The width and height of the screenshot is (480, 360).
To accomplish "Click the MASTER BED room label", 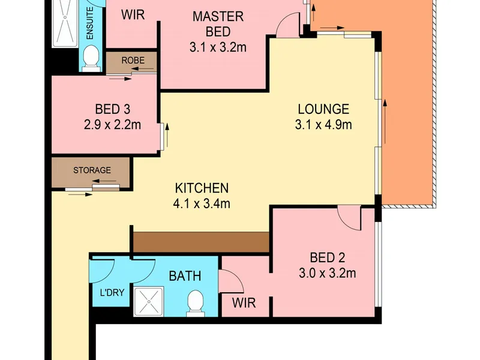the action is pyautogui.click(x=218, y=24).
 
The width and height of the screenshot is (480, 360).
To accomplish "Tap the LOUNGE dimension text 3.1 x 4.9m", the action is pyautogui.click(x=323, y=125).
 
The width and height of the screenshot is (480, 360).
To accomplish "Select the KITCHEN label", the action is pyautogui.click(x=202, y=188).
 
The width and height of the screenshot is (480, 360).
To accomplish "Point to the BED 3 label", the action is pyautogui.click(x=113, y=109).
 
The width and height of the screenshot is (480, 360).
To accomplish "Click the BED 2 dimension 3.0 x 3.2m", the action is pyautogui.click(x=327, y=273).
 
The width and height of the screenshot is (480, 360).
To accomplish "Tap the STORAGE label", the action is pyautogui.click(x=92, y=170).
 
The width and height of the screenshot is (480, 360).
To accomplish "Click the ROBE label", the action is pyautogui.click(x=133, y=61).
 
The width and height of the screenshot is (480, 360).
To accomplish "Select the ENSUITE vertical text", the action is pyautogui.click(x=90, y=23).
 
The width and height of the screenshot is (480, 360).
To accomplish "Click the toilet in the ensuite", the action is pyautogui.click(x=91, y=59).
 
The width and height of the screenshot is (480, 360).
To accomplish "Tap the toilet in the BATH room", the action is pyautogui.click(x=196, y=303).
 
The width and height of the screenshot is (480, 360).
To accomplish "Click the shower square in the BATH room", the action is pyautogui.click(x=149, y=302).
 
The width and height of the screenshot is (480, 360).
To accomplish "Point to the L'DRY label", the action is pyautogui.click(x=112, y=293).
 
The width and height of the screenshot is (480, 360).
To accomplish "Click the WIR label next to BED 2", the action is pyautogui.click(x=244, y=303).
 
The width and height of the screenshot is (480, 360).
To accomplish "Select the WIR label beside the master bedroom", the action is pyautogui.click(x=133, y=14).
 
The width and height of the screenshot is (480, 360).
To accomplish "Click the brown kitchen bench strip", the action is pyautogui.click(x=201, y=242).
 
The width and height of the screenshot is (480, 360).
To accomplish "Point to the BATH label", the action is pyautogui.click(x=185, y=276).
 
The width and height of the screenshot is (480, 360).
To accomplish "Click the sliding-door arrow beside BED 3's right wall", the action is pyautogui.click(x=167, y=135).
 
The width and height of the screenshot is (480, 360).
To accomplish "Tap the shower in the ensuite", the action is pyautogui.click(x=65, y=23).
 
